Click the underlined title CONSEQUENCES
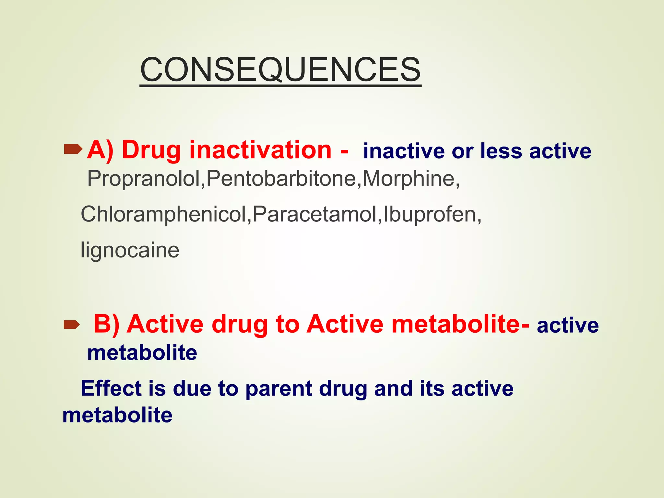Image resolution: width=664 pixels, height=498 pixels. [x=280, y=69]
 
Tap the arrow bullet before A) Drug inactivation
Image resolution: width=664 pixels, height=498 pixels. [x=73, y=149]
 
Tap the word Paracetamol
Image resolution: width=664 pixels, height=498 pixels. [x=315, y=214]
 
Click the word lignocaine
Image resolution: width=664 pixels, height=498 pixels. [x=130, y=250]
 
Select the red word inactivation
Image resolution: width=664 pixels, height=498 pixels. [x=260, y=150]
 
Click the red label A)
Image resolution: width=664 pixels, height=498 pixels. [x=100, y=150]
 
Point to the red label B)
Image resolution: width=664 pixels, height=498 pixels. [x=107, y=324]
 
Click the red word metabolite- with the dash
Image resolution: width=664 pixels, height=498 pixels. [x=460, y=324]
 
